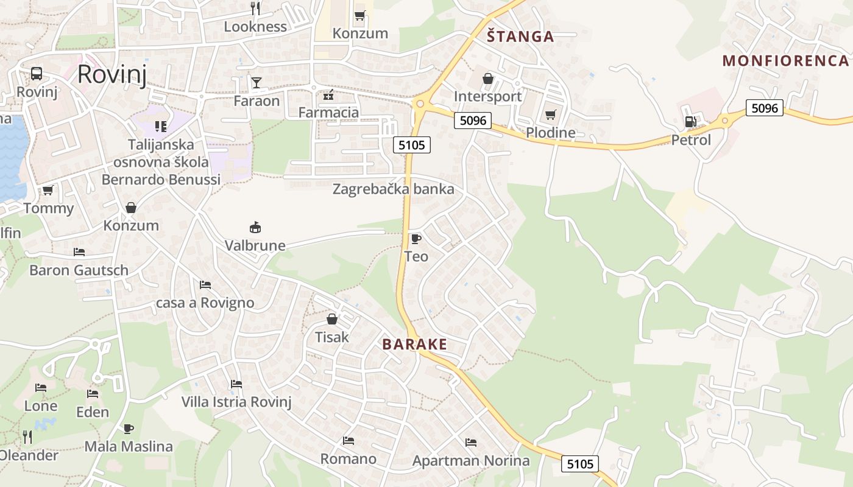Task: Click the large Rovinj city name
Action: coord(112,74)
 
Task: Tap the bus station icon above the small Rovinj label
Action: coord(37,74)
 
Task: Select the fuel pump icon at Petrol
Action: coord(690,122)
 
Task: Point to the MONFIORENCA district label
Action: coord(785,60)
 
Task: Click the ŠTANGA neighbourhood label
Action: coord(520,37)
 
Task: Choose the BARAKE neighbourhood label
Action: coord(414,344)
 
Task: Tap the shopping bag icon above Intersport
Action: coord(487,79)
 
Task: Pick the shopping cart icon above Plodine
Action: coord(551,114)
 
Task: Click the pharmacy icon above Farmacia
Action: coord(328,95)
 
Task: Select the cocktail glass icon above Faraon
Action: coord(257,82)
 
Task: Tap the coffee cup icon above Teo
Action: coord(416,238)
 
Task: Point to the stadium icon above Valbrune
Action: coord(255,228)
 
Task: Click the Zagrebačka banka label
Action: coord(393,189)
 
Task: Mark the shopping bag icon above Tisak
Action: coord(332,319)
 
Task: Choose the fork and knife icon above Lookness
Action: coord(256,8)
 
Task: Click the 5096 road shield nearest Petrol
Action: coord(765,108)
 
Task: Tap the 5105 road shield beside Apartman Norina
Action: coord(579,464)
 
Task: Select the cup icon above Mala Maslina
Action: coord(128,429)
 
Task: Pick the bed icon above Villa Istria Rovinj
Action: coord(236,384)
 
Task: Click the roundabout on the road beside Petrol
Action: coord(724,121)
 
